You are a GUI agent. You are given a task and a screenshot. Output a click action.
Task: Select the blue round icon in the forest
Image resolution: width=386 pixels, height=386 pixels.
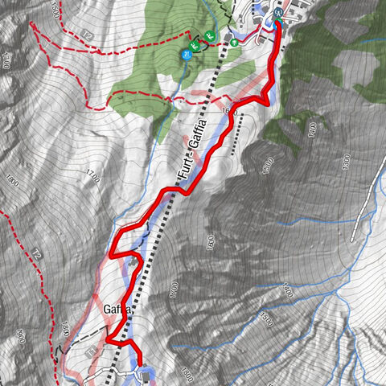(186, 55)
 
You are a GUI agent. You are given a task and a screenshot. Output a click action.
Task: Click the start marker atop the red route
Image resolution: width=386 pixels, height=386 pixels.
(277, 14)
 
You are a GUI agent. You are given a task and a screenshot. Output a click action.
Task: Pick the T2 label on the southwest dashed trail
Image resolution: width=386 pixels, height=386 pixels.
(37, 253)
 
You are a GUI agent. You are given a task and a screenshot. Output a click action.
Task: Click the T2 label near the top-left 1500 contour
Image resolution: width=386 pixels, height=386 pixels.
(88, 38)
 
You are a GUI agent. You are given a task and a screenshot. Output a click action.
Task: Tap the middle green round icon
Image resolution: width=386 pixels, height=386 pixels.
(209, 35)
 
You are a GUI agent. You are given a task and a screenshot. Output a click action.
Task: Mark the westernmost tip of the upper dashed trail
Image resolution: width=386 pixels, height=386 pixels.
(31, 23)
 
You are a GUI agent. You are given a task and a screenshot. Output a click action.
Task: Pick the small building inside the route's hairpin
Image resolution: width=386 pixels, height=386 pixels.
(132, 260)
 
